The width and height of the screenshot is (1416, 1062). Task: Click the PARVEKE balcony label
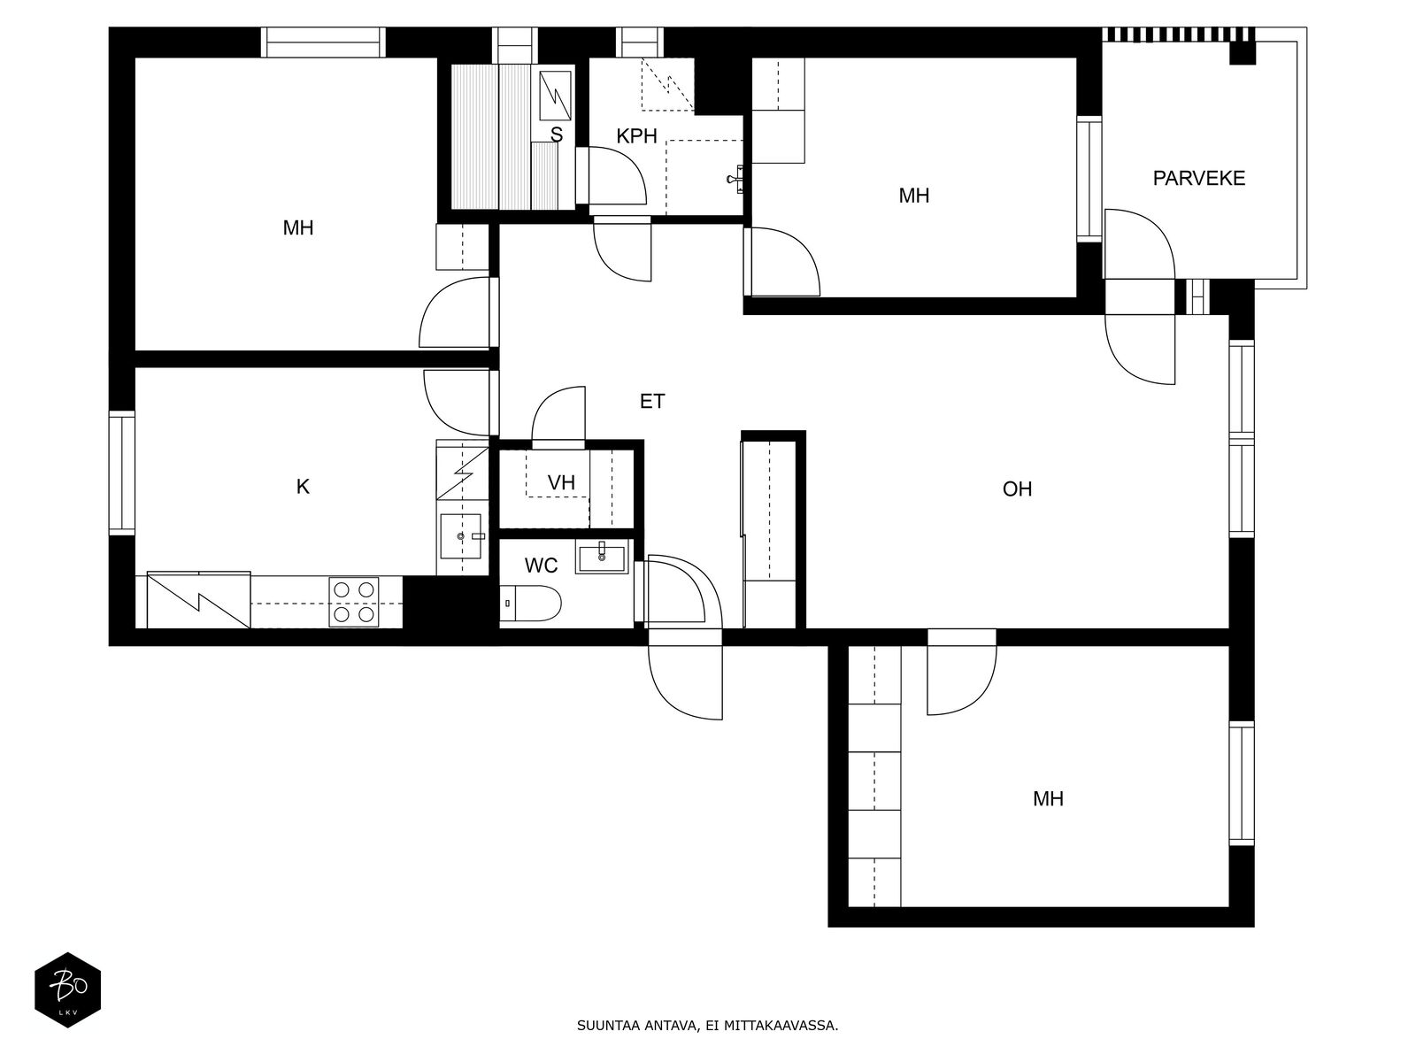(x=1198, y=179)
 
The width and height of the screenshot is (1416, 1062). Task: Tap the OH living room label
(x=1017, y=489)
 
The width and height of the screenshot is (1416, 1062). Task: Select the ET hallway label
(x=651, y=402)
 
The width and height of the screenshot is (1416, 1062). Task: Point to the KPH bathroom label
(x=636, y=136)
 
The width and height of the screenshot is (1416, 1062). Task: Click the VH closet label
(x=560, y=482)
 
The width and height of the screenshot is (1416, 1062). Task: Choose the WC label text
(x=541, y=566)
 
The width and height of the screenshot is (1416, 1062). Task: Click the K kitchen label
(x=303, y=487)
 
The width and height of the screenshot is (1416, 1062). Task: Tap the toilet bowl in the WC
(x=530, y=604)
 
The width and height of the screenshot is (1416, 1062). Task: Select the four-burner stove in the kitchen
(x=353, y=602)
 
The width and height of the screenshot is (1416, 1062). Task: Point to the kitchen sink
(x=460, y=535)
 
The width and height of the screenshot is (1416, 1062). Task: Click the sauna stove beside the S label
(x=555, y=95)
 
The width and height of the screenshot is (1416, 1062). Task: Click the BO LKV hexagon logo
(x=68, y=989)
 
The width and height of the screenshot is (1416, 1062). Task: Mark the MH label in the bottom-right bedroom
(x=1048, y=799)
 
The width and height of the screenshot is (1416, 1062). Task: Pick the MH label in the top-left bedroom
(x=298, y=227)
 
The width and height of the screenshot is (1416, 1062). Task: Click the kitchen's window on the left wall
(x=121, y=473)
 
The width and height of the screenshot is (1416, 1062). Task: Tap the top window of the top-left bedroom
(x=323, y=42)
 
